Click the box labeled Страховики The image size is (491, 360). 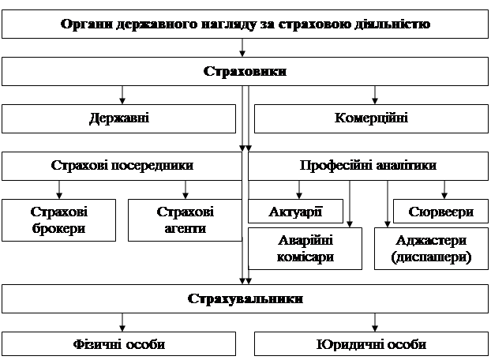(x=245, y=72)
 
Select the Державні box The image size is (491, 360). (x=119, y=119)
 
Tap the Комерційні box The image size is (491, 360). (x=371, y=119)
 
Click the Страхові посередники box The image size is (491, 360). (x=122, y=166)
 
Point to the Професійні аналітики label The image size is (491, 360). (x=368, y=166)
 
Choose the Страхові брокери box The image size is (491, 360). (x=58, y=220)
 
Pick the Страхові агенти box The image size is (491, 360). (x=185, y=220)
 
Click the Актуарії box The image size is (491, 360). (x=296, y=212)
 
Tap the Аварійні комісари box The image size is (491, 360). (x=305, y=248)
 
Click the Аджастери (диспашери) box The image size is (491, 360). (x=431, y=248)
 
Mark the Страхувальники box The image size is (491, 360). (x=245, y=299)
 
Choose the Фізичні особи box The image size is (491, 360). (x=119, y=345)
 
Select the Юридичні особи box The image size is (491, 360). (x=371, y=345)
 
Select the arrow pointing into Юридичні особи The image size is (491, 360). (x=374, y=322)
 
